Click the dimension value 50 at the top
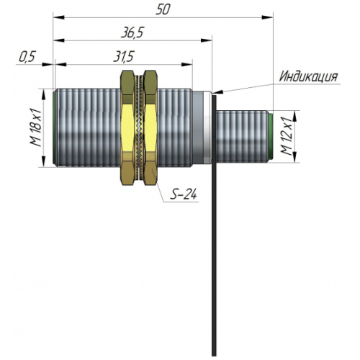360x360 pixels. (163, 9)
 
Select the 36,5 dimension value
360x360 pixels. (132, 32)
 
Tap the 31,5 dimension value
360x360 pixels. (123, 57)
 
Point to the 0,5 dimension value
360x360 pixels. (27, 57)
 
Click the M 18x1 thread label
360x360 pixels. (36, 127)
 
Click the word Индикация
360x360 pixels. (308, 76)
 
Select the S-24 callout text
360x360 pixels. (184, 194)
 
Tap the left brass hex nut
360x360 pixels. (127, 127)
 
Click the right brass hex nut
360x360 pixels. (150, 127)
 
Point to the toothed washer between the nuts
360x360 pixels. (139, 127)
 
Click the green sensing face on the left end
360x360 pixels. (55, 127)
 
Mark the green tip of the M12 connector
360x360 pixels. (271, 137)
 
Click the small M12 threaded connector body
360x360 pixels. (243, 137)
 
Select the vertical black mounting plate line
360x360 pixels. (214, 225)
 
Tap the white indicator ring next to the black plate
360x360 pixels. (207, 127)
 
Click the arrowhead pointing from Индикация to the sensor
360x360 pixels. (217, 92)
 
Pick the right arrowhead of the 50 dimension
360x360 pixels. (267, 17)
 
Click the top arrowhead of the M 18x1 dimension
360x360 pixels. (43, 94)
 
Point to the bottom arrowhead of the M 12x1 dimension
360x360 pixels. (295, 157)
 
